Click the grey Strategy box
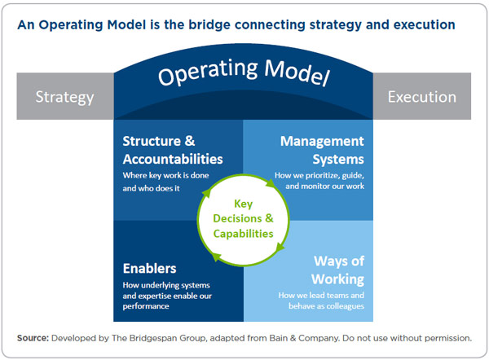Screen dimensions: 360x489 click(64, 97)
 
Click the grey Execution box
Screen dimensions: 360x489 click(421, 97)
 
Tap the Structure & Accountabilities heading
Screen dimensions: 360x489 click(172, 150)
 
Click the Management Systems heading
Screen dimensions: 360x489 click(321, 150)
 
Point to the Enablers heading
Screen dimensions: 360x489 click(149, 268)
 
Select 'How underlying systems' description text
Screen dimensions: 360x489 click(166, 285)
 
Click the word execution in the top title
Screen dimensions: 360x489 click(421, 24)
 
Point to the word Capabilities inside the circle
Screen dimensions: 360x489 click(244, 234)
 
